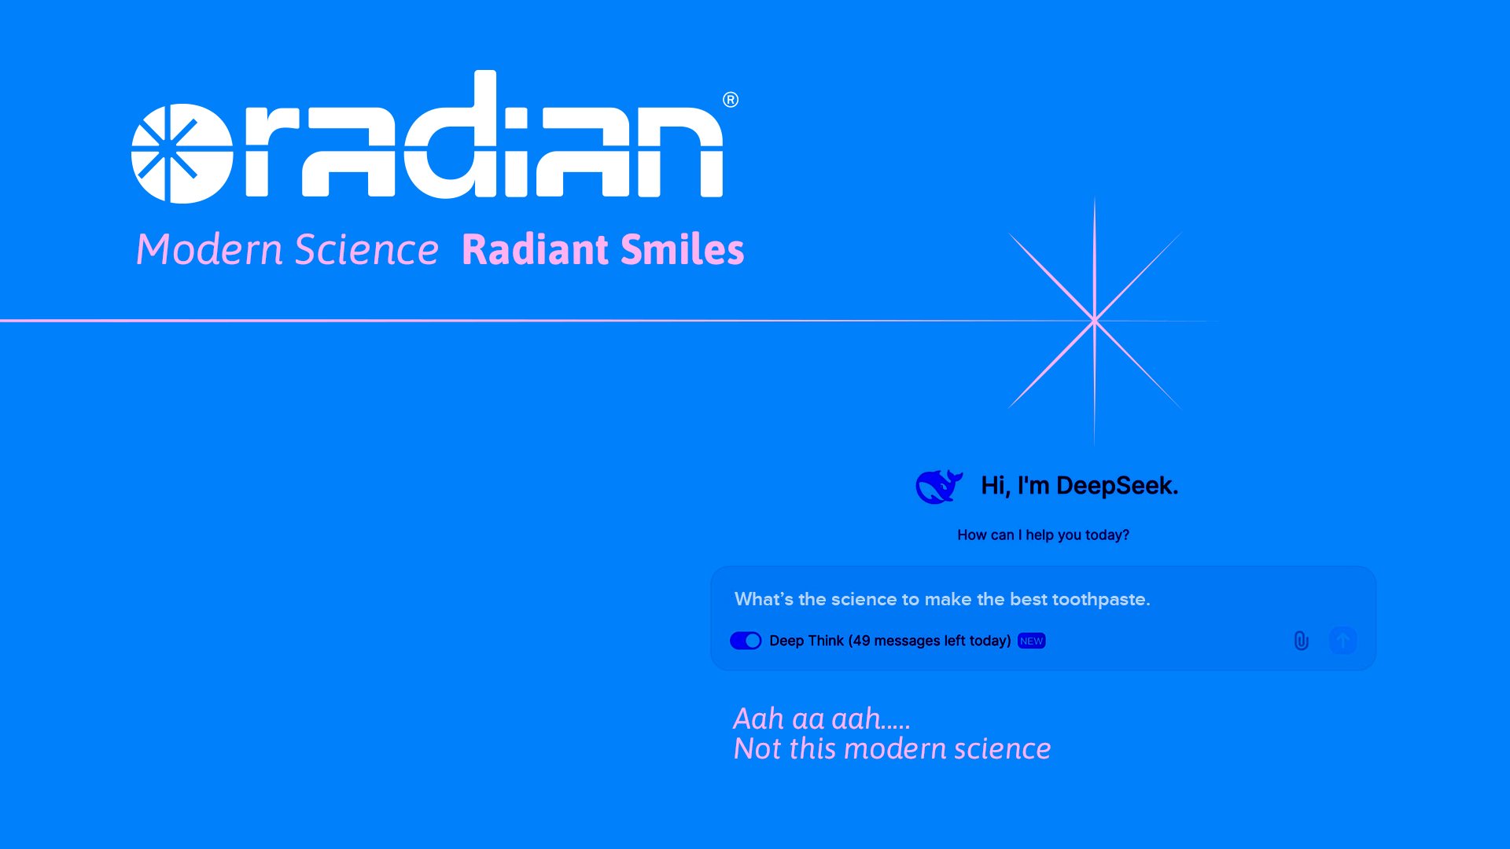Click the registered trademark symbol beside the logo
(731, 100)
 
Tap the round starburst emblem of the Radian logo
(182, 153)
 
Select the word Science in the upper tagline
(366, 249)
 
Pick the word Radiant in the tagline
(536, 249)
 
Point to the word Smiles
(683, 249)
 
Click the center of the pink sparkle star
(1095, 321)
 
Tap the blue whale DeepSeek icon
(939, 487)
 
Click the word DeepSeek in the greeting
(1117, 486)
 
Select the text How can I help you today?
(1043, 535)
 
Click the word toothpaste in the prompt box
(1101, 600)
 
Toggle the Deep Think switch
(746, 641)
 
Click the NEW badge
(1031, 641)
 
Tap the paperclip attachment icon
(1302, 641)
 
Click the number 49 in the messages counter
(861, 641)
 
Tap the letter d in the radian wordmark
(450, 134)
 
